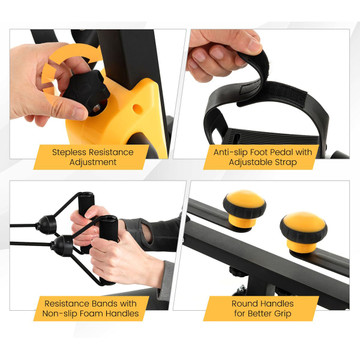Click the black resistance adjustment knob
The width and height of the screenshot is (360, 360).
pos(86,92)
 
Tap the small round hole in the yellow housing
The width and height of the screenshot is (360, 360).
pos(137,109)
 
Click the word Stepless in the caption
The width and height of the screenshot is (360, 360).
pos(69,153)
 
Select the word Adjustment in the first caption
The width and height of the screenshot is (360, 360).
pos(92,163)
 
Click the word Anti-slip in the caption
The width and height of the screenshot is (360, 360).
pos(229,152)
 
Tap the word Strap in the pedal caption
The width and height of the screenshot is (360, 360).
pos(286,163)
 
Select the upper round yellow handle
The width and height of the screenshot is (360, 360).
pos(244,207)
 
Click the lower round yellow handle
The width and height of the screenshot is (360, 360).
pos(303,231)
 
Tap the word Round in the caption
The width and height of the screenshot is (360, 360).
pos(245,304)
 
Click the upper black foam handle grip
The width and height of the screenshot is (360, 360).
pos(86,203)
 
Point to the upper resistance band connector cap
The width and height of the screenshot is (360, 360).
pos(46,225)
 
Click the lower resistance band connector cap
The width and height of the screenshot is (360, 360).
pos(62,246)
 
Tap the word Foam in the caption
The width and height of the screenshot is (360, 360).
pos(94,314)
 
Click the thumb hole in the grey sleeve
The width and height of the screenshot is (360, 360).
pos(147,233)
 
